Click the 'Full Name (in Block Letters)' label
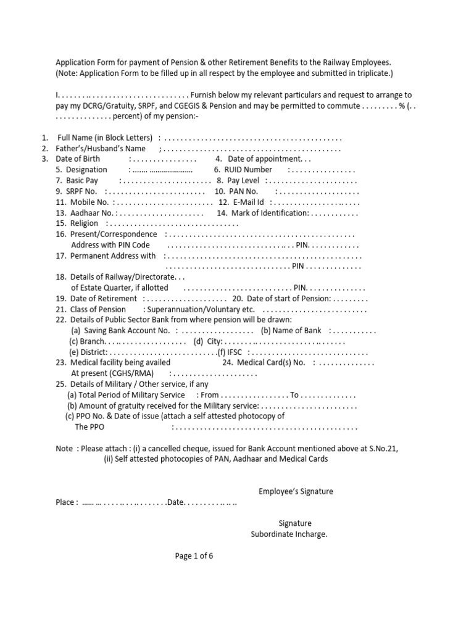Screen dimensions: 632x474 point(105,138)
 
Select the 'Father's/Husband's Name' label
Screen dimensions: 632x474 point(101,149)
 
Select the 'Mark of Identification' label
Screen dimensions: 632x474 point(270,213)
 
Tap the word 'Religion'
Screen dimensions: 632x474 point(85,223)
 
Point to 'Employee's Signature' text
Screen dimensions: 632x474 point(295,491)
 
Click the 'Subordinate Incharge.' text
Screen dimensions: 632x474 point(288,534)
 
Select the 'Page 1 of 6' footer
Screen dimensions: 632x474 point(194,555)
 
